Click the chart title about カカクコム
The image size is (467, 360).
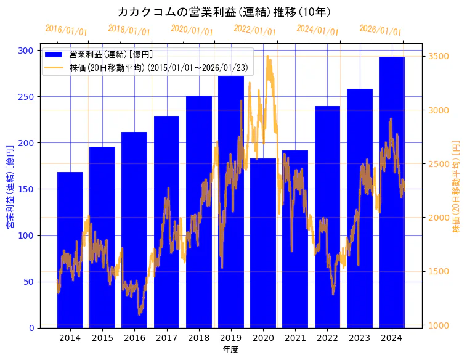tap(224, 12)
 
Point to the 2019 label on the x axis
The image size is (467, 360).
tap(231, 338)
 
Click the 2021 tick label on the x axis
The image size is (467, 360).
tap(295, 338)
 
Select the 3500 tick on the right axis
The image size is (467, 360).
tap(438, 57)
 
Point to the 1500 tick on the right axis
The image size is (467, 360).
tap(438, 272)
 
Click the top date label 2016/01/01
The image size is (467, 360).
tap(66, 30)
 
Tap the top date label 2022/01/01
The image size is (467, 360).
tap(254, 30)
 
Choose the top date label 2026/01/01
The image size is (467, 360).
tap(380, 30)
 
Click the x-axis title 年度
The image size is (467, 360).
tap(230, 350)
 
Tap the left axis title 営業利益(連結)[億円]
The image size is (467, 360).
tap(10, 187)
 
